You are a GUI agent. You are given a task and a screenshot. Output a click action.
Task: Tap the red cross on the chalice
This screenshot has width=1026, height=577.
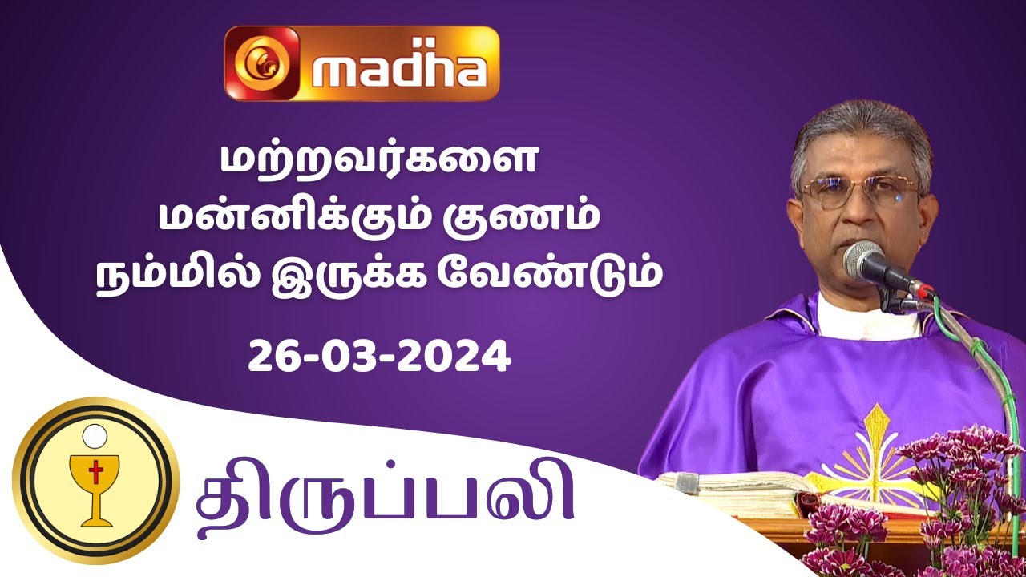[95, 474]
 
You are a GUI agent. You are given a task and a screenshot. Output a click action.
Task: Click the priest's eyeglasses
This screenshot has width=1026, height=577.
[858, 192]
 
